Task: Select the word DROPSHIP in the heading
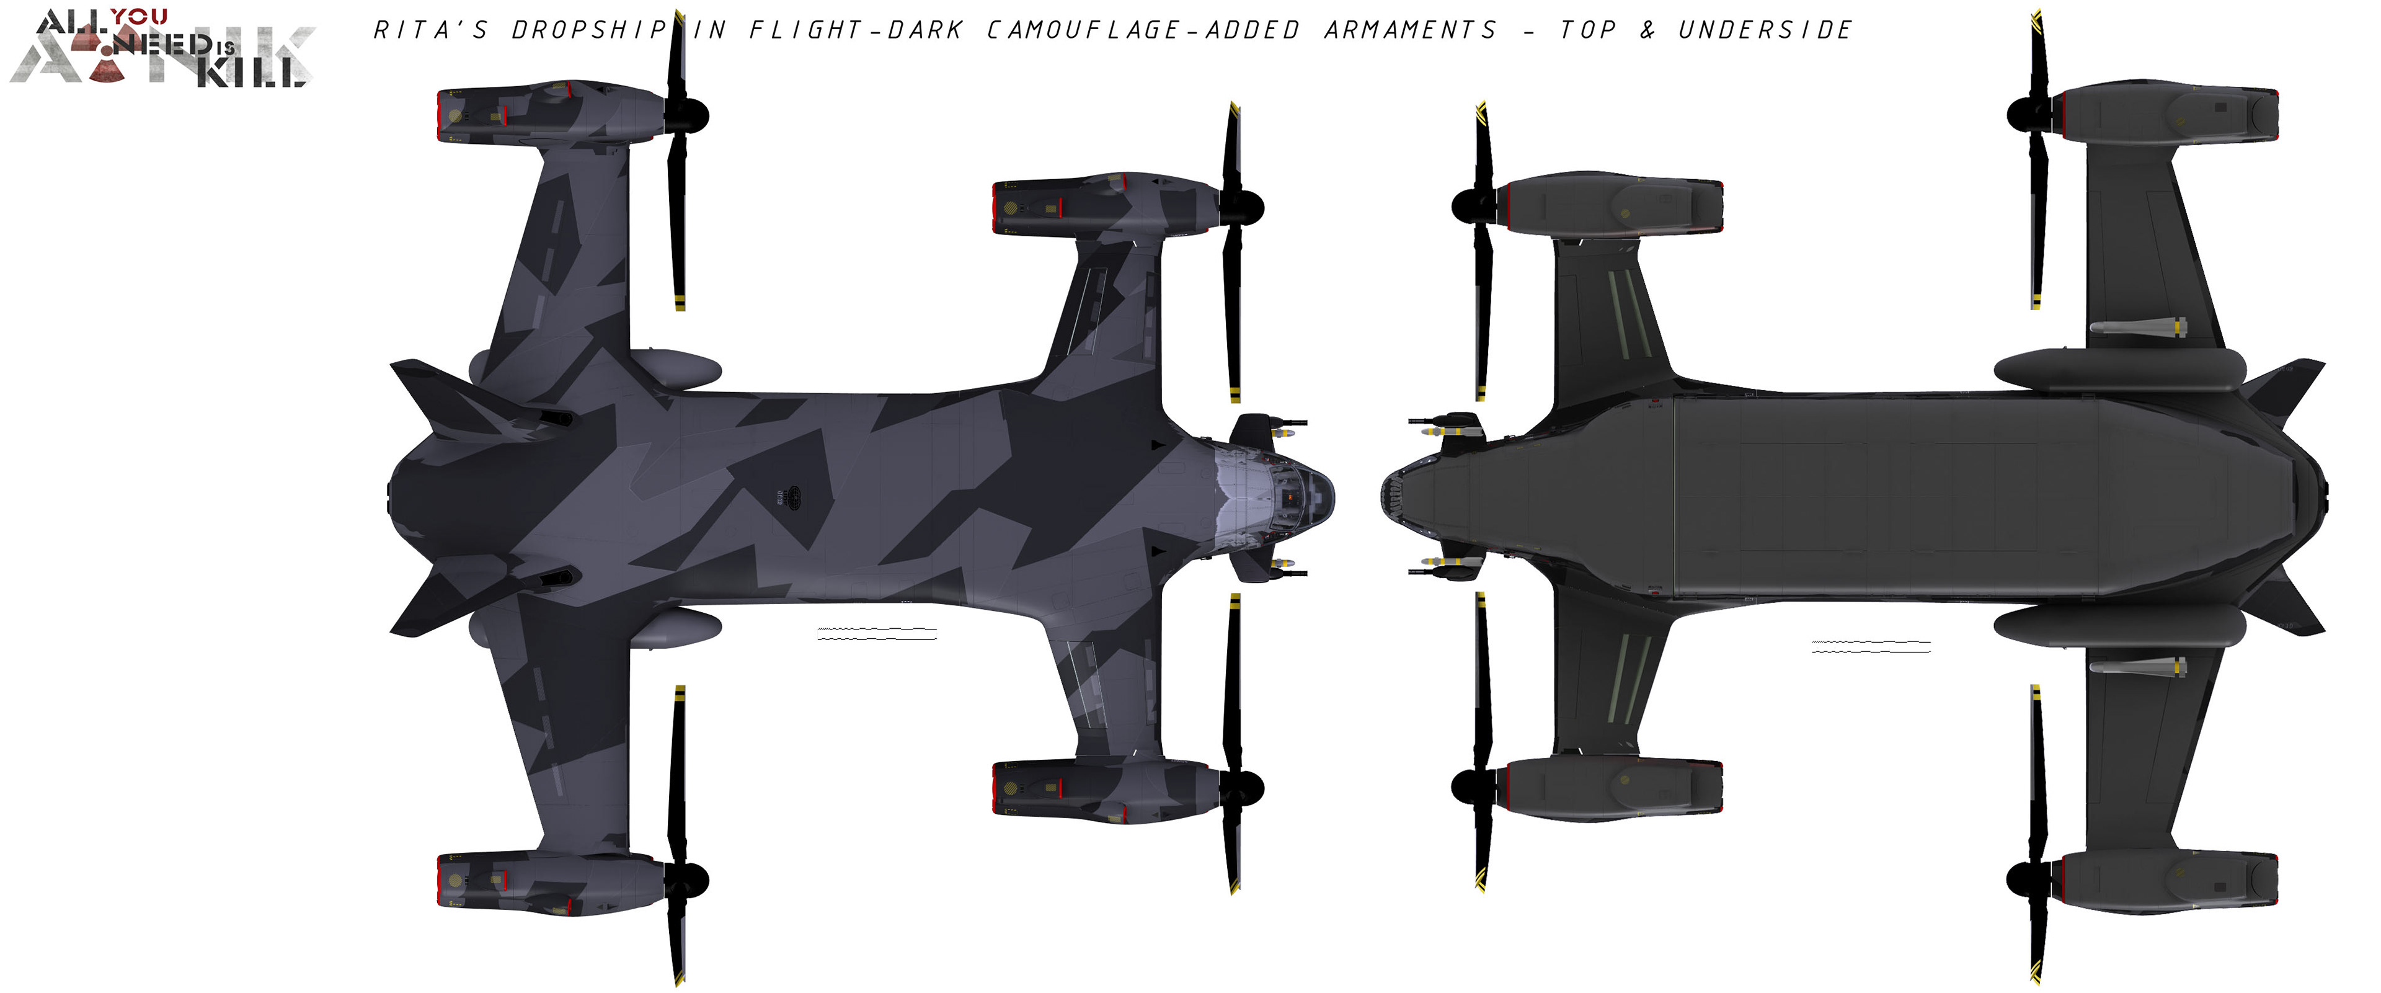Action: (x=590, y=30)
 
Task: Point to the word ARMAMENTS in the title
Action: (x=1409, y=30)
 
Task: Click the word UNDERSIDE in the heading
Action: (x=1765, y=30)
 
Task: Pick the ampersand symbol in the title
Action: (x=1647, y=30)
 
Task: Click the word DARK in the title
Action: (x=925, y=30)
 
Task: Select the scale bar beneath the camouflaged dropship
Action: (x=876, y=635)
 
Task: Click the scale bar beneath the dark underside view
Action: (x=1871, y=646)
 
